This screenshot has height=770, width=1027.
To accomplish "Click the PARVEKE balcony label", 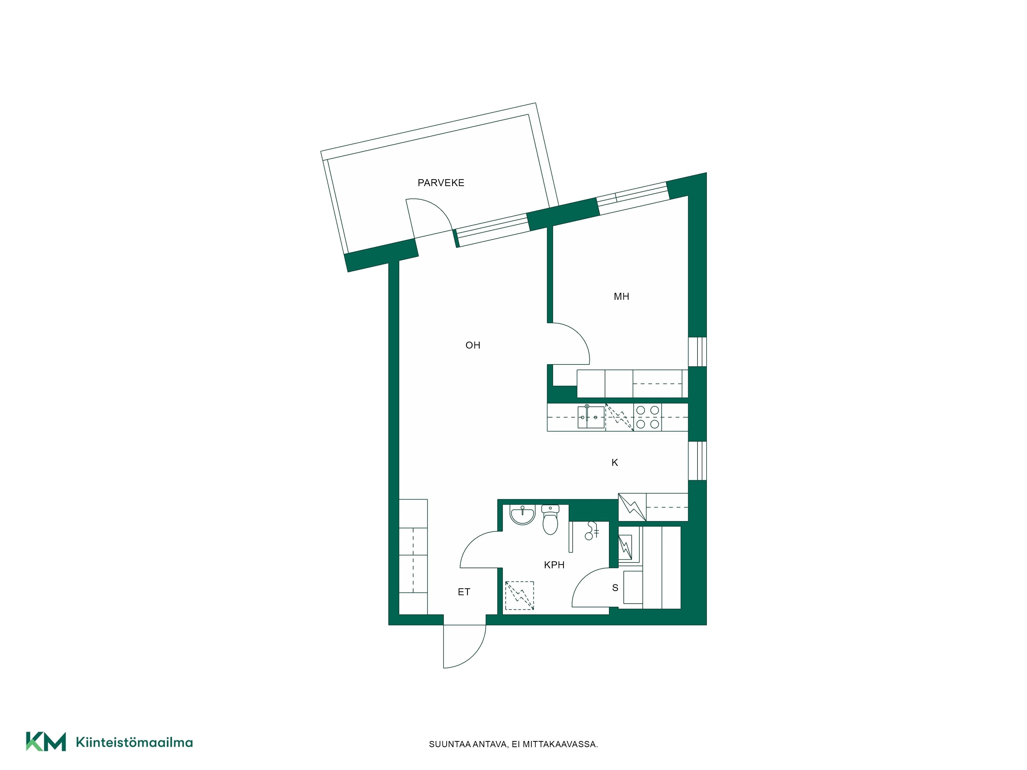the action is [441, 183].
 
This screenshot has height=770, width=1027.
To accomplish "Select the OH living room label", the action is [473, 345].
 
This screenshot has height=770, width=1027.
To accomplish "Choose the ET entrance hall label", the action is [464, 592].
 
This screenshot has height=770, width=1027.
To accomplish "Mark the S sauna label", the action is [615, 588].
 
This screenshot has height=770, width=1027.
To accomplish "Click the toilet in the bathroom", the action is [550, 519].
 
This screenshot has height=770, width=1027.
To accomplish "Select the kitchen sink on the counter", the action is [591, 417].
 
